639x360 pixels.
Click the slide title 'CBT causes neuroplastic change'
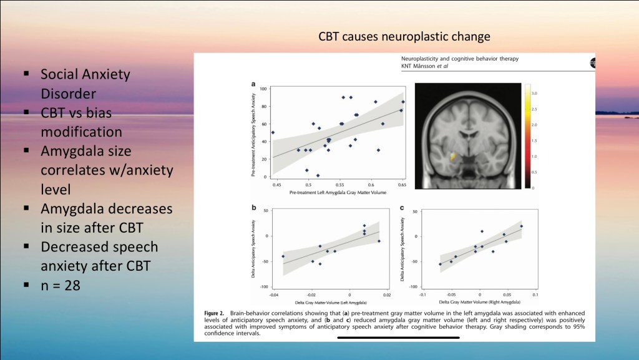pyautogui.click(x=404, y=37)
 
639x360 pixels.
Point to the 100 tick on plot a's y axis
pyautogui.click(x=264, y=89)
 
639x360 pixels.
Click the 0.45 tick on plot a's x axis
pyautogui.click(x=276, y=185)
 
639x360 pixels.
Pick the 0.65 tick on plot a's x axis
pyautogui.click(x=402, y=185)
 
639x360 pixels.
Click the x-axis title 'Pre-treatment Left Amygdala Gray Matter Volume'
pyautogui.click(x=338, y=193)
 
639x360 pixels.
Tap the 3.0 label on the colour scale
pyautogui.click(x=534, y=94)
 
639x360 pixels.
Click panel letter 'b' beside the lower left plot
pyautogui.click(x=253, y=208)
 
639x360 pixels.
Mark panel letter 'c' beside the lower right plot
pyautogui.click(x=402, y=208)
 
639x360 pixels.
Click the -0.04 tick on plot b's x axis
pyautogui.click(x=274, y=293)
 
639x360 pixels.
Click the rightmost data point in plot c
pyautogui.click(x=521, y=226)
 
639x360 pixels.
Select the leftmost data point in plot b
pyautogui.click(x=283, y=256)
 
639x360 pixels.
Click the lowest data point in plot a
pyautogui.click(x=318, y=176)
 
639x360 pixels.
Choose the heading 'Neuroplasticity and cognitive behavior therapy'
pyautogui.click(x=461, y=59)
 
